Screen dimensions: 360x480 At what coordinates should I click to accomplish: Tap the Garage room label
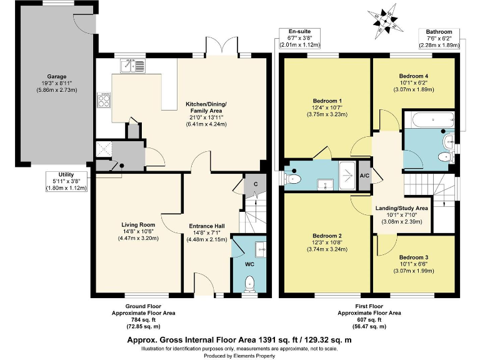(57, 77)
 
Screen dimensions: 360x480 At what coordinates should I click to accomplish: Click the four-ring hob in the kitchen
(104, 101)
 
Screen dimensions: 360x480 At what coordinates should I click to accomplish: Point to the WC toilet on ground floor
(249, 285)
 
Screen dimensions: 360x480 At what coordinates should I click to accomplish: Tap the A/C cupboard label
(365, 176)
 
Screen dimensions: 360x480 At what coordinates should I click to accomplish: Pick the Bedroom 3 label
(414, 257)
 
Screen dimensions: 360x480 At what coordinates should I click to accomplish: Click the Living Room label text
(138, 224)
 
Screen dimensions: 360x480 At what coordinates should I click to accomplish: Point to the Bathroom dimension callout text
(439, 37)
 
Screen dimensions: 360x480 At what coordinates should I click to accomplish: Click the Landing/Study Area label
(402, 208)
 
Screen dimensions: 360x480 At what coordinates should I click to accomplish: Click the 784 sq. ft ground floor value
(143, 318)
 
